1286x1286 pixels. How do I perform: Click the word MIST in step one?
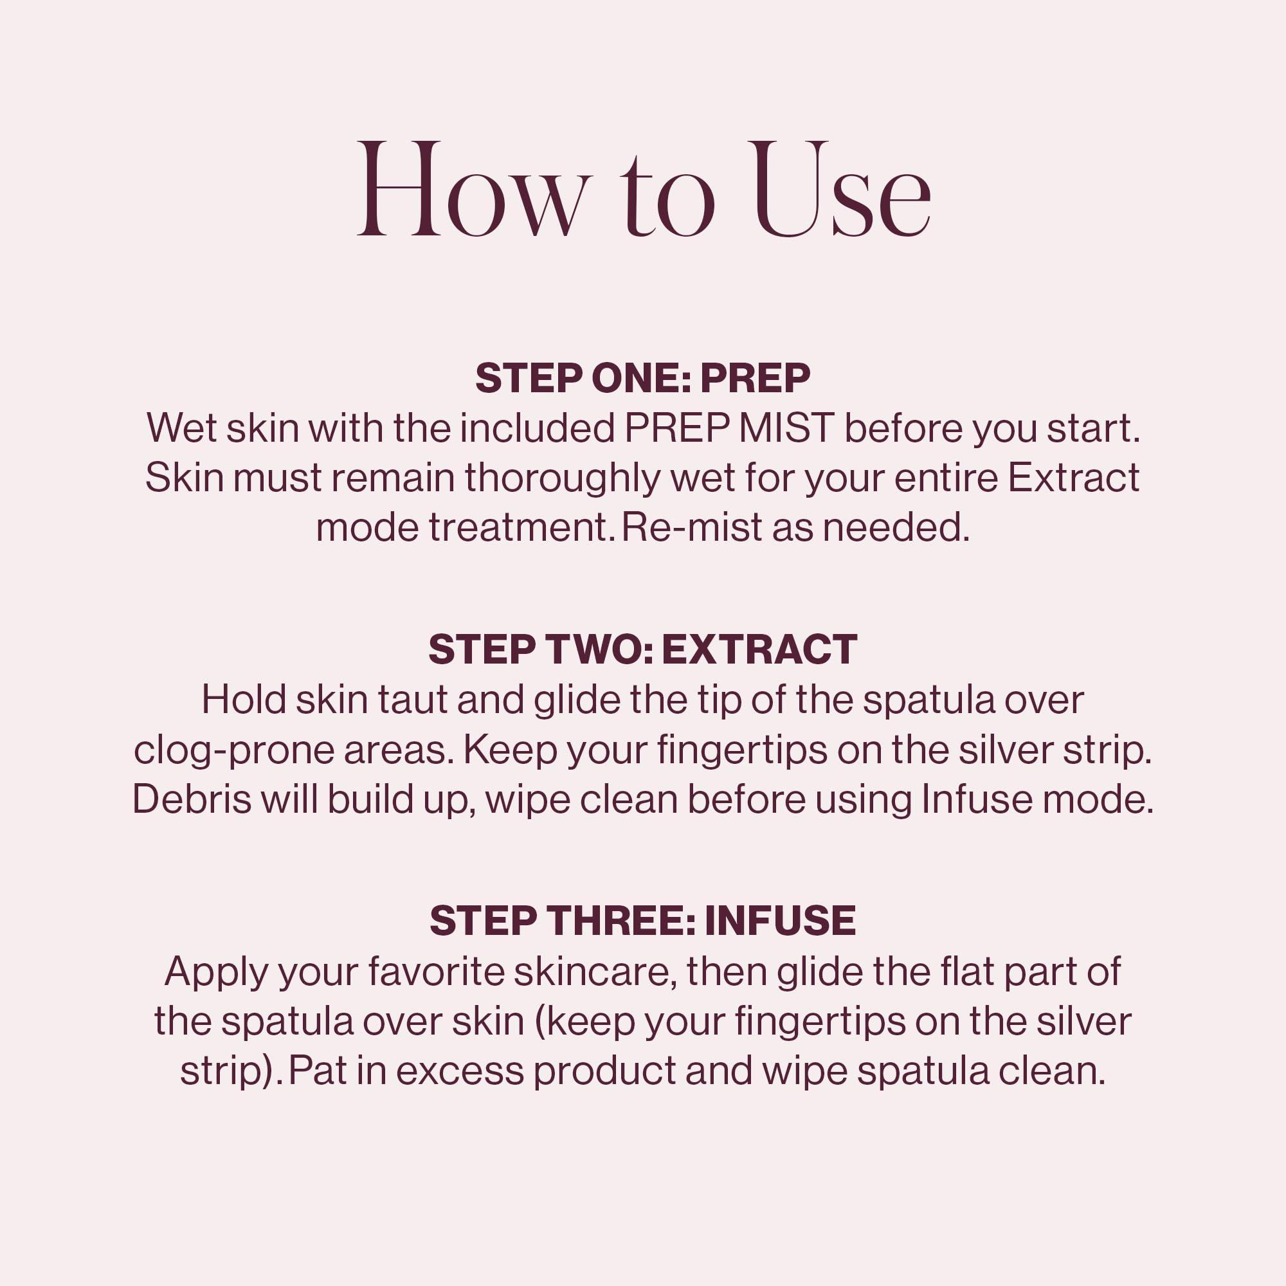point(786,428)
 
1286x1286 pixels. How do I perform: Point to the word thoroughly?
point(563,478)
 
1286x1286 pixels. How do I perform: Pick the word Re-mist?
point(692,528)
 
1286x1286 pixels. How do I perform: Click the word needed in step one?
point(895,528)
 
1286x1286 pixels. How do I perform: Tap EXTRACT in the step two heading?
point(759,649)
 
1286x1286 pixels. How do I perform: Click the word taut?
point(412,700)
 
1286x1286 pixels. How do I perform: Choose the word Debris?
point(192,799)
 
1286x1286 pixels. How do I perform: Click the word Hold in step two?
point(244,700)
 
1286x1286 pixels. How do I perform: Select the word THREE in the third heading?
point(620,921)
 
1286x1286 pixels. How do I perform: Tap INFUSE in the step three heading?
point(779,921)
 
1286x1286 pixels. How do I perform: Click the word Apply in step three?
point(216,972)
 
